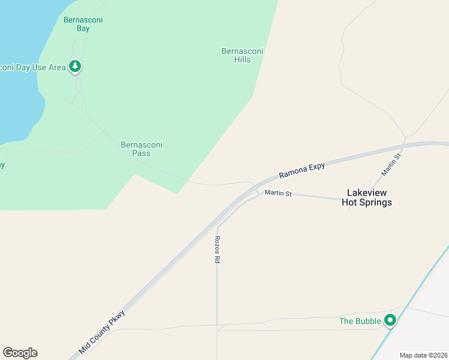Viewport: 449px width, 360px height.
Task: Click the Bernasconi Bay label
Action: (x=83, y=24)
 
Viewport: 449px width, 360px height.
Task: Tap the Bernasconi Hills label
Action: (x=243, y=56)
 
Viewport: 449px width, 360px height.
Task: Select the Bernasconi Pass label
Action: (x=142, y=149)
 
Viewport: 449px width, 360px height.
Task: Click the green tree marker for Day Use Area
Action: (x=75, y=66)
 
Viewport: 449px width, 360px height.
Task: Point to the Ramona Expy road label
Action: (x=302, y=170)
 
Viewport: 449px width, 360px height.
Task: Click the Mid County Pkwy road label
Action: (x=103, y=332)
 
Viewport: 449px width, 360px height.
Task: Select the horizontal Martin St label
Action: (x=279, y=194)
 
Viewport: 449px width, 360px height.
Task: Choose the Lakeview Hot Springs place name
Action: (x=367, y=197)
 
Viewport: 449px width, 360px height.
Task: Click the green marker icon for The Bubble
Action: (x=390, y=321)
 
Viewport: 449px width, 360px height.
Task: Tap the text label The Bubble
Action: (x=360, y=321)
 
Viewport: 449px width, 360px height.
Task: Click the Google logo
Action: (x=20, y=353)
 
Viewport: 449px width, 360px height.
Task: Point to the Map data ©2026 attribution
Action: (x=423, y=355)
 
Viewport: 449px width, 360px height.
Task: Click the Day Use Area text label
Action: (x=32, y=67)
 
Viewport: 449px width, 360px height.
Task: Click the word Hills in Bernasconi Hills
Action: (x=243, y=60)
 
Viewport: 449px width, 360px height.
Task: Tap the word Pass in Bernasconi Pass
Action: (x=142, y=154)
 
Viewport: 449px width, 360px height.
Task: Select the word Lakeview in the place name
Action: (x=367, y=193)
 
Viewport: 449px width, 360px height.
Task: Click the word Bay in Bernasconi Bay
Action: (x=83, y=28)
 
